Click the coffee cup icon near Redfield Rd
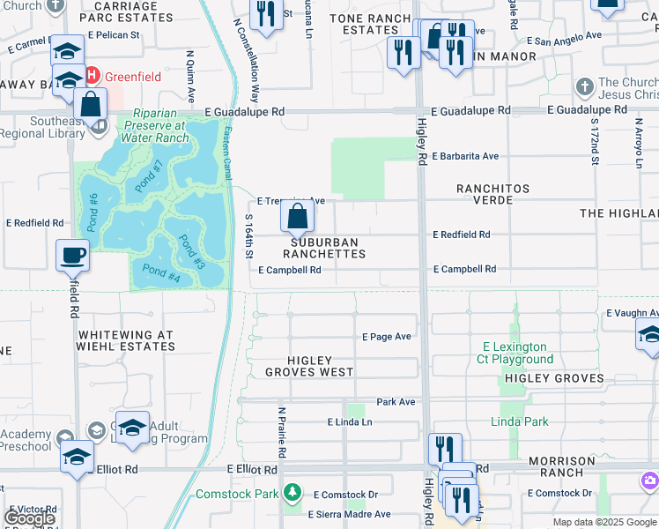click(x=73, y=255)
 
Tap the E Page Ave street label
click(x=387, y=337)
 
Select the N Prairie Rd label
click(x=282, y=432)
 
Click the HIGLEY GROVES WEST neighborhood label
click(x=309, y=366)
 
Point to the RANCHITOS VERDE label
click(x=492, y=194)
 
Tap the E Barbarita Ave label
click(x=465, y=156)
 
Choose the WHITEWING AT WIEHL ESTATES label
click(x=127, y=340)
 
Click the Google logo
click(x=29, y=518)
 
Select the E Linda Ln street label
click(x=350, y=422)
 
